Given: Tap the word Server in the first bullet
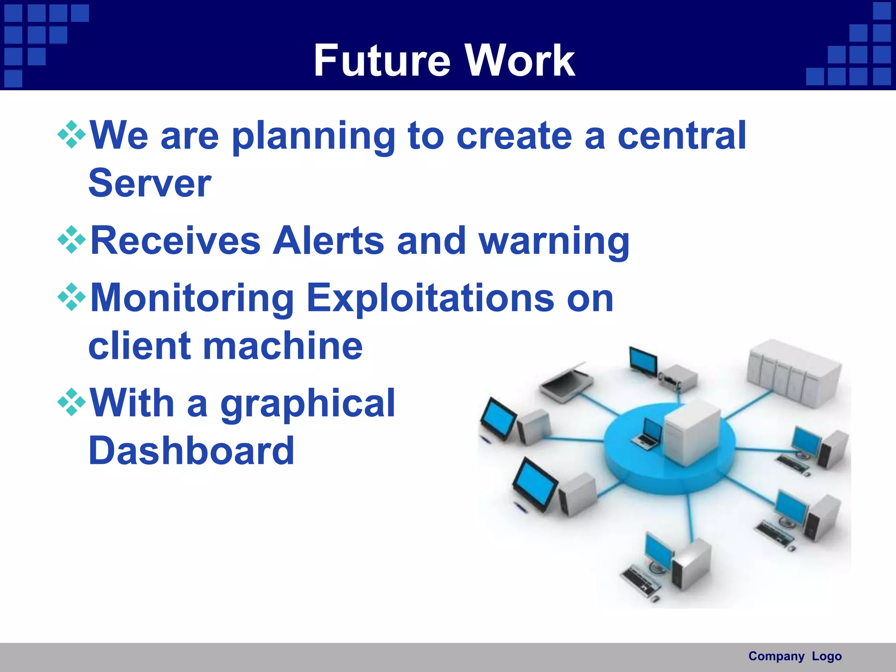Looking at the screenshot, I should pyautogui.click(x=150, y=183).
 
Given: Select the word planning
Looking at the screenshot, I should pyautogui.click(x=313, y=136).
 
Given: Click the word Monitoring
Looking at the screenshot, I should pyautogui.click(x=192, y=298).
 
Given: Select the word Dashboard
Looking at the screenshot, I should pyautogui.click(x=191, y=451).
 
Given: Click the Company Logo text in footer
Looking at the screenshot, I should pyautogui.click(x=794, y=656).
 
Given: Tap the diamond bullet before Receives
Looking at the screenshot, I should pyautogui.click(x=71, y=240).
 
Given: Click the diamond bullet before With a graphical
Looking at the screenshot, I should pyautogui.click(x=71, y=401).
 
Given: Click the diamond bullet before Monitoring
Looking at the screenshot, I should pyautogui.click(x=71, y=297).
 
